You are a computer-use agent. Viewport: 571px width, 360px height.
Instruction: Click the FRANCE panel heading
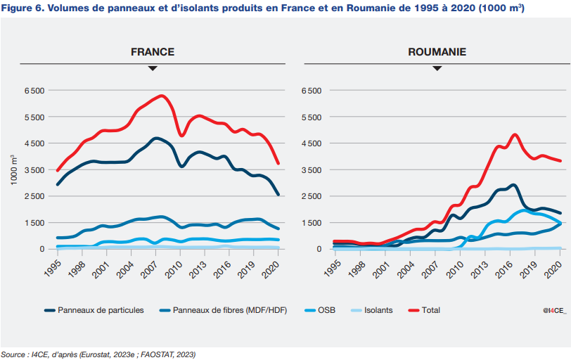pos(153,52)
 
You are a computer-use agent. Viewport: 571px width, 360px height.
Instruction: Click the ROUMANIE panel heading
pos(437,52)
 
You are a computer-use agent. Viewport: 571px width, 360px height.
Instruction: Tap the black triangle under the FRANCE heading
pos(153,68)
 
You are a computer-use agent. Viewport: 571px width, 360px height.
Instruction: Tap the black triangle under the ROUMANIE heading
pos(437,68)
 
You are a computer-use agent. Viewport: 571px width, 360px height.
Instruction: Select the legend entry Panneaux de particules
pos(100,309)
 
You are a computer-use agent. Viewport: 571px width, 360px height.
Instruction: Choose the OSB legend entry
pos(326,309)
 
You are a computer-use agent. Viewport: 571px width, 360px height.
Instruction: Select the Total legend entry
pos(430,309)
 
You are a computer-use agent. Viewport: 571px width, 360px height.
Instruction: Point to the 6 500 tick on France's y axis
pos(34,91)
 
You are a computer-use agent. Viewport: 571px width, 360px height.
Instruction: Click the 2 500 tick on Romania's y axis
pos(312,196)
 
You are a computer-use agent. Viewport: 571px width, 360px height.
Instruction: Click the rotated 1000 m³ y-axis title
pos(14,169)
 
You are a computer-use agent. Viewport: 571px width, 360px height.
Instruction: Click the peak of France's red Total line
pos(162,96)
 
